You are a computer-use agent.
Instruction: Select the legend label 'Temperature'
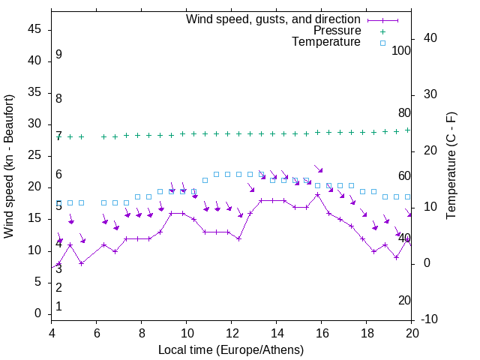click(x=326, y=42)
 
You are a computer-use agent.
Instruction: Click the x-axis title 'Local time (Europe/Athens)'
click(x=231, y=350)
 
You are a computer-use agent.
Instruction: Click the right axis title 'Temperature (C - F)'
click(x=451, y=166)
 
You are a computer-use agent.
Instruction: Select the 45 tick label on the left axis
click(x=34, y=29)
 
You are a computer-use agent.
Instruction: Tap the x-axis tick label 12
click(x=232, y=334)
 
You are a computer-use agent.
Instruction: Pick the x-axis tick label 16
click(x=322, y=334)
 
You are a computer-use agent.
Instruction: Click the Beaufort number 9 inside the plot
click(x=58, y=55)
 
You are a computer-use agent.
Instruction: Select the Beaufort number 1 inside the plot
click(x=58, y=307)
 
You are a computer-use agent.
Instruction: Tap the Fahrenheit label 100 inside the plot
click(x=401, y=50)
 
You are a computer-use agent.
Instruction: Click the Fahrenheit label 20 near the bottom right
click(x=404, y=300)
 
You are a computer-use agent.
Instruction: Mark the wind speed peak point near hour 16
click(x=318, y=194)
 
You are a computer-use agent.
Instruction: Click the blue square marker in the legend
click(x=382, y=43)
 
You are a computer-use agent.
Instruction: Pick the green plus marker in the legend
click(x=382, y=31)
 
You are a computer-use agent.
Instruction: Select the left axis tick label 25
click(x=34, y=156)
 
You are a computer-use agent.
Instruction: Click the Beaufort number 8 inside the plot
click(x=58, y=99)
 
